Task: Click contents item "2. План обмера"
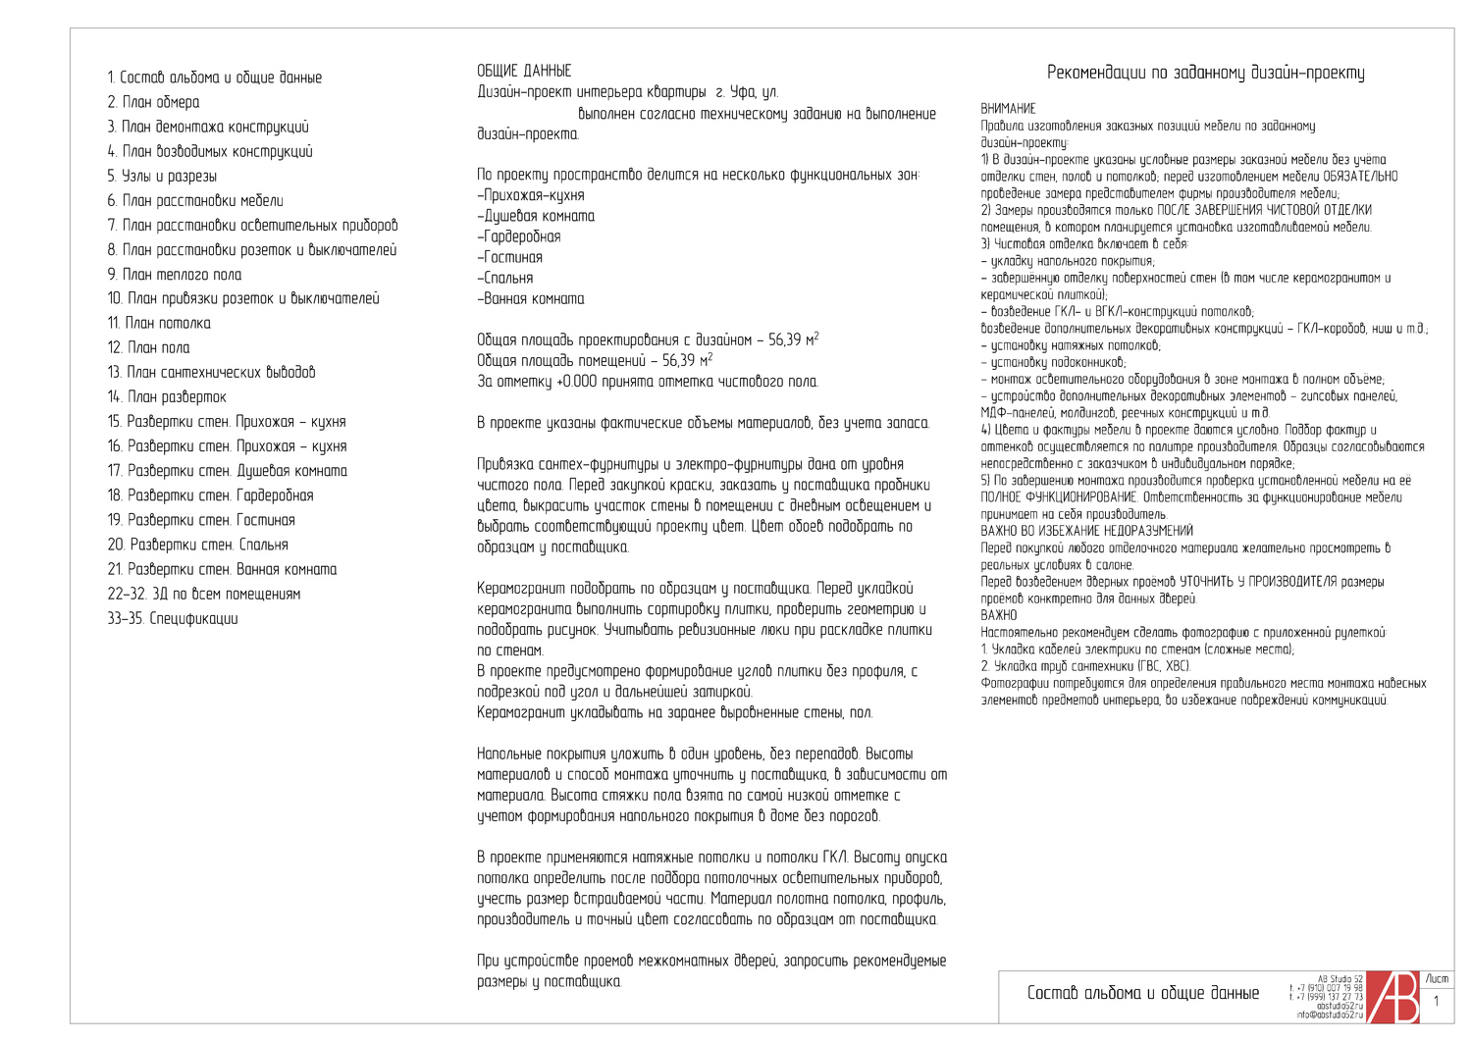coord(154,102)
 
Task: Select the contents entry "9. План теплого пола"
coord(175,275)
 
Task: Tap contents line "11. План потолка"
coord(159,323)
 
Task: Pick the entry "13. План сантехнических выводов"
coord(212,372)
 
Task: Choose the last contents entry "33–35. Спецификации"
coord(173,618)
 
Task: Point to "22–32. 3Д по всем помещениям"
coord(204,594)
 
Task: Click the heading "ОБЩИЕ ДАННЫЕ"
coord(524,71)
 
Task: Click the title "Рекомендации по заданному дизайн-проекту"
coord(1205,73)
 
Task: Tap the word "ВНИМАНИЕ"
coord(1008,109)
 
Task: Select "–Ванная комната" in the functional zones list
coord(531,299)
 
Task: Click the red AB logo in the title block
coord(1393,997)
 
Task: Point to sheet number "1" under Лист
coord(1437,1002)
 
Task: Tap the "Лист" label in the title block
coord(1437,978)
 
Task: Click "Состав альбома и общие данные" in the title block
coord(1142,993)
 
